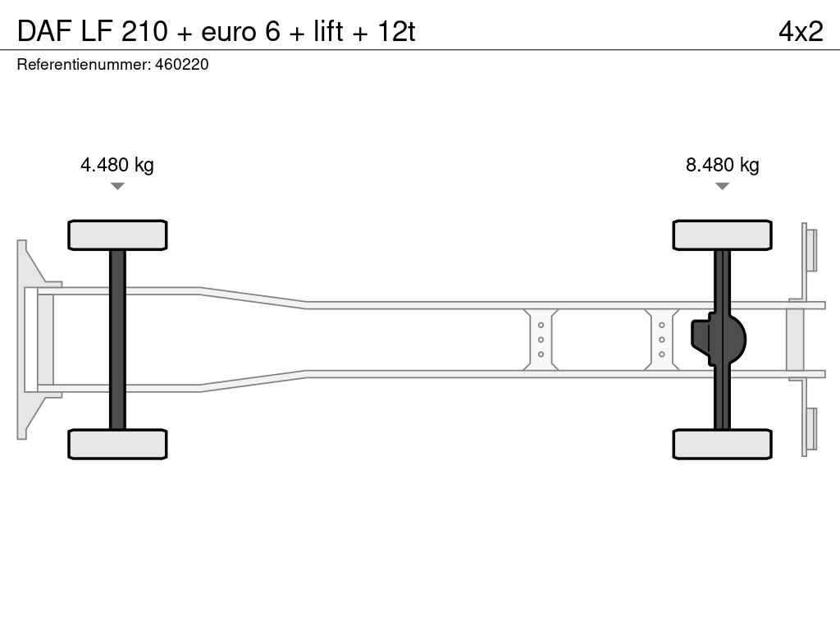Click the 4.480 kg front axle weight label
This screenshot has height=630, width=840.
point(116,165)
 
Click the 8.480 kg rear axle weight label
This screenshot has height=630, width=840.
point(722,165)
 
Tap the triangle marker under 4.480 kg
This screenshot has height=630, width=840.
point(117,186)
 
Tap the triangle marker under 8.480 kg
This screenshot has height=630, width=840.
point(722,186)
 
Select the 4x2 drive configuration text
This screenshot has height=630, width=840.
point(801,32)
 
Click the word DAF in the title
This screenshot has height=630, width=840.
point(44,32)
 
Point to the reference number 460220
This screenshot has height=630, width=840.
point(181,65)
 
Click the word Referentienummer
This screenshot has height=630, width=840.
point(84,65)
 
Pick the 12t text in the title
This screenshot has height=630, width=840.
point(396,32)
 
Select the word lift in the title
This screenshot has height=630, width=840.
point(328,32)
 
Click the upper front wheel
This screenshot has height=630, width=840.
point(117,235)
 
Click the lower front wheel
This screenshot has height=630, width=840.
point(117,444)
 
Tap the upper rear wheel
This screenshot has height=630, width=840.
point(722,235)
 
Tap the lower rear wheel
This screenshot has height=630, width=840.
point(722,444)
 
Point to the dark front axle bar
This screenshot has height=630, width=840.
point(117,340)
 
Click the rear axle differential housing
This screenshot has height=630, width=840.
point(718,340)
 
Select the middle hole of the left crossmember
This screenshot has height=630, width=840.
point(541,340)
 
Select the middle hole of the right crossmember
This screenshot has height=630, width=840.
point(662,340)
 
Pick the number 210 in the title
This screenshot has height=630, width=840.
point(144,32)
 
